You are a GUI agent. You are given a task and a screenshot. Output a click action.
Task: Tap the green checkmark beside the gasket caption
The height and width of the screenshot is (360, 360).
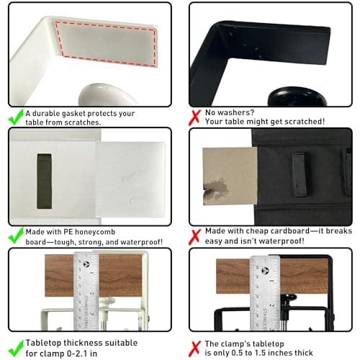coord(15,116)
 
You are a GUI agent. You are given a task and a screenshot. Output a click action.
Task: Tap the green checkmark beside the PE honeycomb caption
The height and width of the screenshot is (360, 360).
coord(15,235)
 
